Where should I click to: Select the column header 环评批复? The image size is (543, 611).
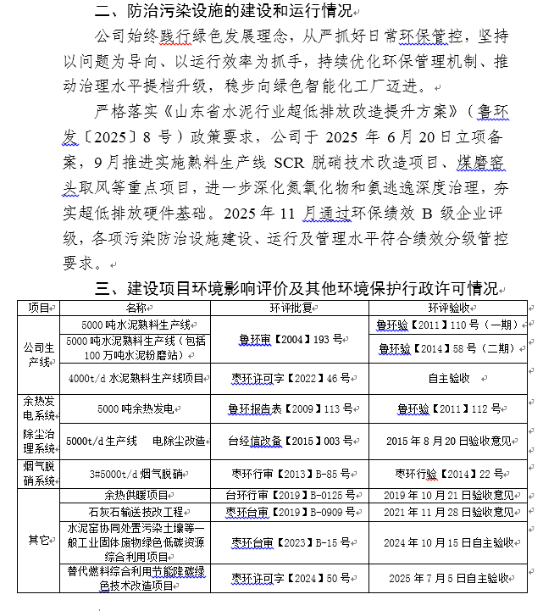290,308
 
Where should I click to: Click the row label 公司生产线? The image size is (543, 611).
39,353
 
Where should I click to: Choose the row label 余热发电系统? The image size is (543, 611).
39,408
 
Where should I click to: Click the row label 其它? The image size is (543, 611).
39,540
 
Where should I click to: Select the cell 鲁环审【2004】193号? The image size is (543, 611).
290,340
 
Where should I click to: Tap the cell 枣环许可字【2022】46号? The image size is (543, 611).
290,378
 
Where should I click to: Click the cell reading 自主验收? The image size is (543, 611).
449,378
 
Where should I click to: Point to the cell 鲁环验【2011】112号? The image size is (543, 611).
449,408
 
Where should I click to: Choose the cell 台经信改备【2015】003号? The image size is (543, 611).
290,442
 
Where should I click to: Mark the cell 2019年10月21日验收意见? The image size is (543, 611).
449,495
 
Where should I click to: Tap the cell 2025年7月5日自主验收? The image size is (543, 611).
449,578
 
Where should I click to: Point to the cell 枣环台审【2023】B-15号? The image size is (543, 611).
290,542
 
